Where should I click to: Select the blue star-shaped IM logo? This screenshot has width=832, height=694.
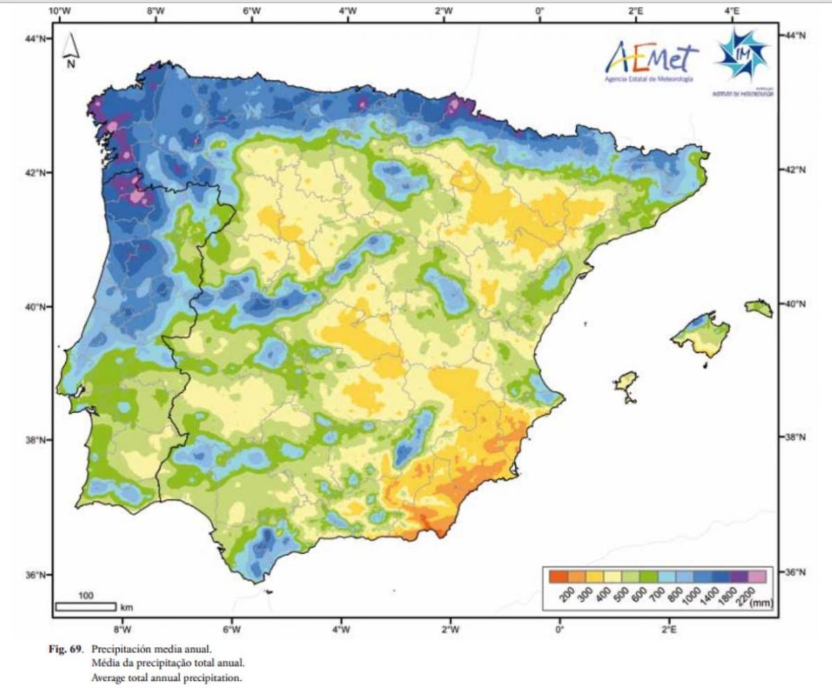coord(743,55)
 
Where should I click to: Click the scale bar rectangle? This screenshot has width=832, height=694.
coord(85,607)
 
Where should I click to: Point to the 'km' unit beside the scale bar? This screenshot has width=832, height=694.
coord(126,607)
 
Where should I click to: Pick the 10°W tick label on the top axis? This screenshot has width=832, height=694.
coord(61,10)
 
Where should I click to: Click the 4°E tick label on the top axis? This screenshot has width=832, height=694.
coord(732,10)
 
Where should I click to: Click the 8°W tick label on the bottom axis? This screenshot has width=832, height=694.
coord(122,630)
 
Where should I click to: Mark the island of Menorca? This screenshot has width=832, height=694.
coord(759,308)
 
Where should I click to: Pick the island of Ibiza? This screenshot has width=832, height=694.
coord(626,383)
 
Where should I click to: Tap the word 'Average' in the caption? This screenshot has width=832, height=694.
coord(107,679)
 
